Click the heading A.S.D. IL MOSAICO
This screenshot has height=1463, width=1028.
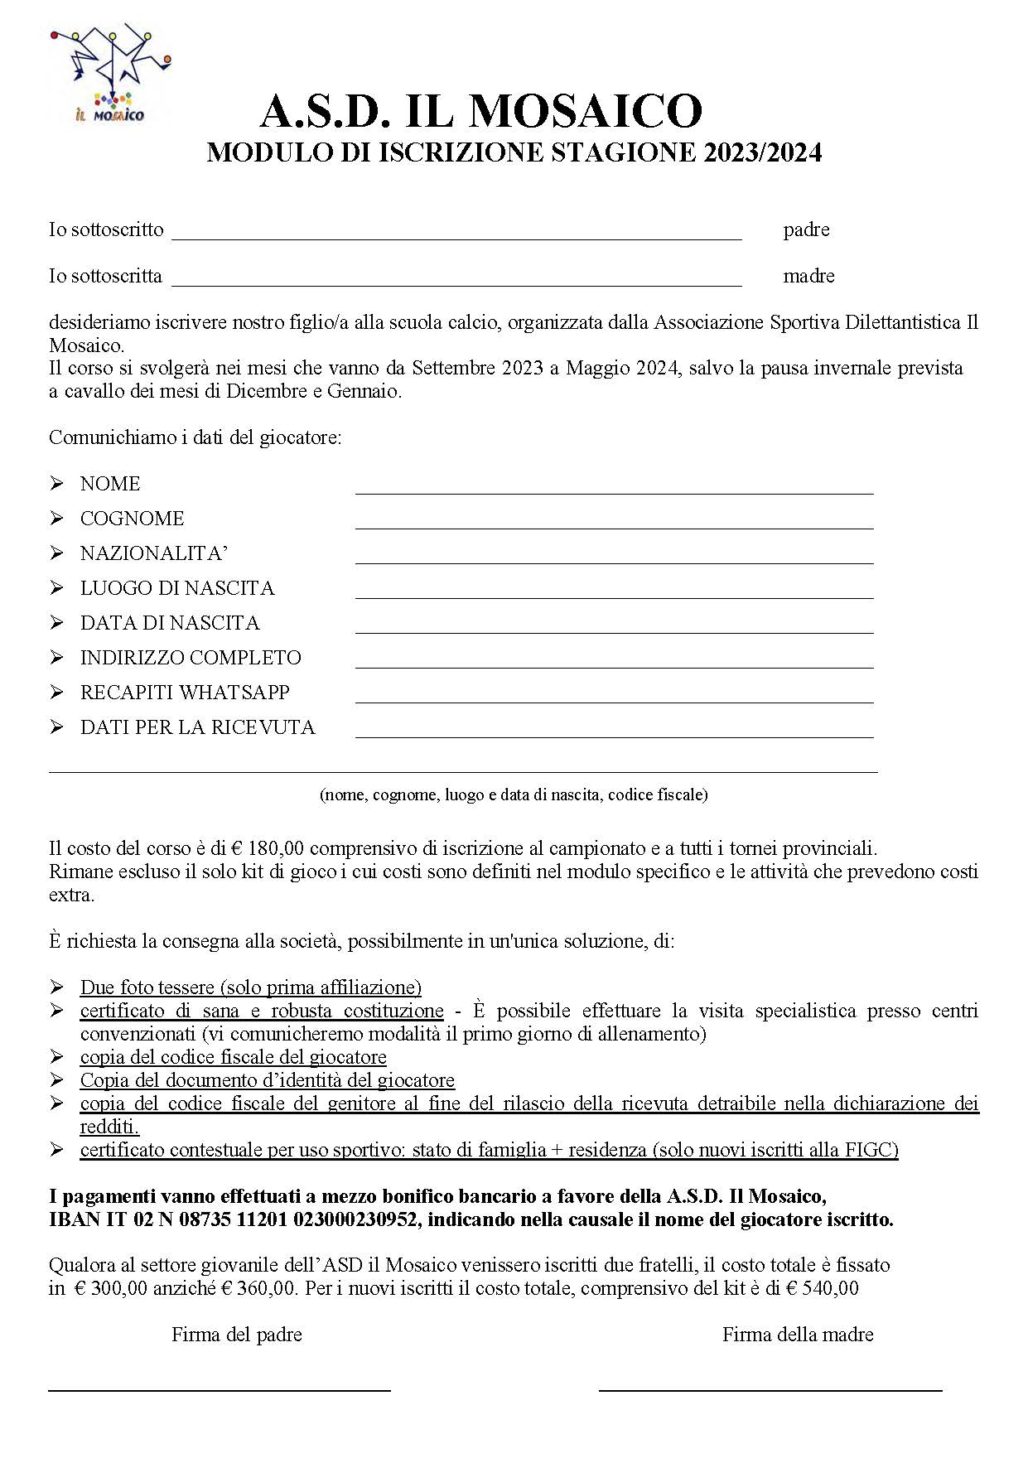pyautogui.click(x=481, y=111)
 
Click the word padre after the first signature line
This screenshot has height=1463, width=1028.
pyautogui.click(x=806, y=230)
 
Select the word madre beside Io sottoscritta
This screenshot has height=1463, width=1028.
pyautogui.click(x=808, y=277)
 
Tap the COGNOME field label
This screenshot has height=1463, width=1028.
pyautogui.click(x=132, y=519)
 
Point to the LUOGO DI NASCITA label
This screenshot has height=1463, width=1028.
pyautogui.click(x=176, y=588)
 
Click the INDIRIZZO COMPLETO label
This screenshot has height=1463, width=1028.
pyautogui.click(x=191, y=658)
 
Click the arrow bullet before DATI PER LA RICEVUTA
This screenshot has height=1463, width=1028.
pyautogui.click(x=56, y=727)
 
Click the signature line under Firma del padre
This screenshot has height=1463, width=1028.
pyautogui.click(x=220, y=1389)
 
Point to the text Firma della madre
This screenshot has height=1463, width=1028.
pyautogui.click(x=798, y=1335)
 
